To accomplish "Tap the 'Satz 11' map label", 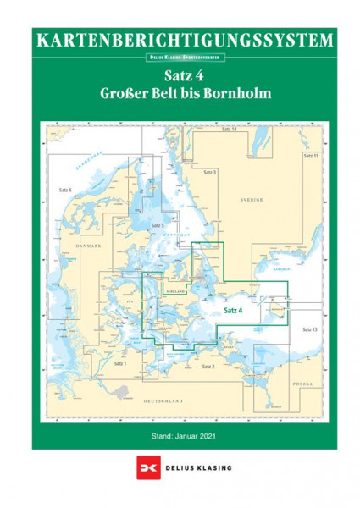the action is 310,157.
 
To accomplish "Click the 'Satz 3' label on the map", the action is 211,172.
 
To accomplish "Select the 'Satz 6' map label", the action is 64,190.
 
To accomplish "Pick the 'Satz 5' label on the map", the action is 156,226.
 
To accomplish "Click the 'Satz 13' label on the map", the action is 308,329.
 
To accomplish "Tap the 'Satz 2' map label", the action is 208,366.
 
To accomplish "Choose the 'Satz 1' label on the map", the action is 119,362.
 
